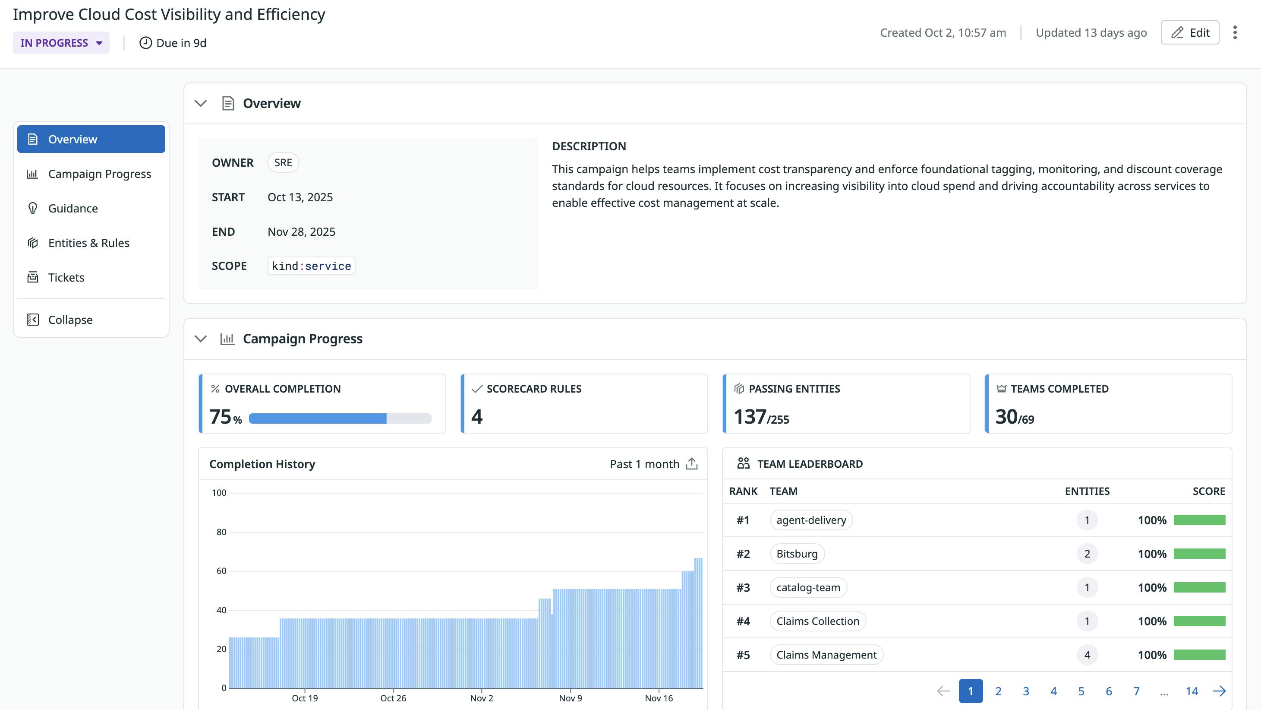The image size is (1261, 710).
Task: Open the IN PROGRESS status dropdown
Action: click(61, 43)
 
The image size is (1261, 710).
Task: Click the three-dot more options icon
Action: click(1235, 32)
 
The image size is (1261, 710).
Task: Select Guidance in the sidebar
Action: click(73, 208)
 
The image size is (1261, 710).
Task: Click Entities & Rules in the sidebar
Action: click(88, 243)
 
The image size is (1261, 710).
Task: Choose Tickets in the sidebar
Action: click(66, 277)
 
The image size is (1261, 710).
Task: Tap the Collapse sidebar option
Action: click(70, 320)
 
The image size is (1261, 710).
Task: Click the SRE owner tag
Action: click(283, 163)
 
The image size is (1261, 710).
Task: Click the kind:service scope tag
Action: click(311, 266)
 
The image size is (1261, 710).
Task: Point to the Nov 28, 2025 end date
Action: click(301, 232)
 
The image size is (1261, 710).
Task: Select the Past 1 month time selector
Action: click(644, 464)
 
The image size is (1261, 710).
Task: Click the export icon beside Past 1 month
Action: click(692, 463)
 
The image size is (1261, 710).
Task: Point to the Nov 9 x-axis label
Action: click(570, 698)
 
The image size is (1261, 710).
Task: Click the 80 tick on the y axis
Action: click(221, 532)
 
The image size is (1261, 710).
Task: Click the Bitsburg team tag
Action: click(797, 554)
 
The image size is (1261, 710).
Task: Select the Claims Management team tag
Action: click(826, 655)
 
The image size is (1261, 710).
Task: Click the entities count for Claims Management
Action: click(1087, 655)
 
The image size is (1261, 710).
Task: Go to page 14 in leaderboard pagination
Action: click(1192, 691)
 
